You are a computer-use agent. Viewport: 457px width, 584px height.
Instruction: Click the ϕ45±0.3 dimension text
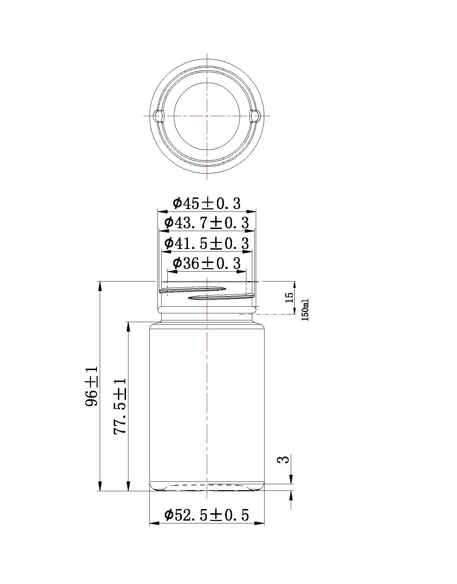click(207, 203)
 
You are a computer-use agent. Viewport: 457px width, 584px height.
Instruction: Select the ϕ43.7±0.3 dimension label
click(207, 223)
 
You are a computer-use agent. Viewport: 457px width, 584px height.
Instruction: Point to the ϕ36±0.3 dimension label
click(207, 263)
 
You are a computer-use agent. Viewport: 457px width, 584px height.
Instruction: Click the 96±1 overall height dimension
click(92, 387)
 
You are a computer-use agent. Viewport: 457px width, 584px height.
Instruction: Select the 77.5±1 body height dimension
click(120, 406)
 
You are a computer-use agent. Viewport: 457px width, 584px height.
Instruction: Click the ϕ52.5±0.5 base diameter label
click(207, 515)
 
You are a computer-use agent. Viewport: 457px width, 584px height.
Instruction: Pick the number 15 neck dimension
click(289, 298)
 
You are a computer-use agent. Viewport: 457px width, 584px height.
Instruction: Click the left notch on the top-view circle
click(158, 116)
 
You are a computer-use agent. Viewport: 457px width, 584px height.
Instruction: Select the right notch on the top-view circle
click(256, 116)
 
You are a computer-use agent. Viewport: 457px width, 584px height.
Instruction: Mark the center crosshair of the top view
click(207, 116)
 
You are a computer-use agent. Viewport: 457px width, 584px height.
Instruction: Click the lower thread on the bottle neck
click(220, 297)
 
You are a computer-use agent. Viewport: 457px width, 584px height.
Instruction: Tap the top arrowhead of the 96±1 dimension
click(100, 285)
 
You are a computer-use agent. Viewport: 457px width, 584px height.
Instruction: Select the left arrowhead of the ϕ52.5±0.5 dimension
click(154, 523)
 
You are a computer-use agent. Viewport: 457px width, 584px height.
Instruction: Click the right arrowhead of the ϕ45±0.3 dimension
click(252, 212)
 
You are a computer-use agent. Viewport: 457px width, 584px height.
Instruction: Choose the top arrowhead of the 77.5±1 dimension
click(128, 326)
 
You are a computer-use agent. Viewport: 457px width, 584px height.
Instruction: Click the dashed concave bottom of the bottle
click(207, 485)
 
